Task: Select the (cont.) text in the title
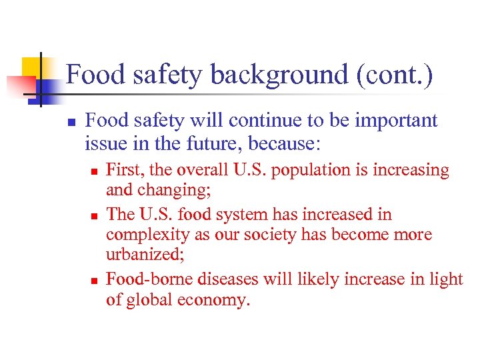click(x=395, y=75)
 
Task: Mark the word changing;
click(x=175, y=192)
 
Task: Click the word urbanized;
click(x=142, y=257)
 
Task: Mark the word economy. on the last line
click(x=215, y=301)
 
